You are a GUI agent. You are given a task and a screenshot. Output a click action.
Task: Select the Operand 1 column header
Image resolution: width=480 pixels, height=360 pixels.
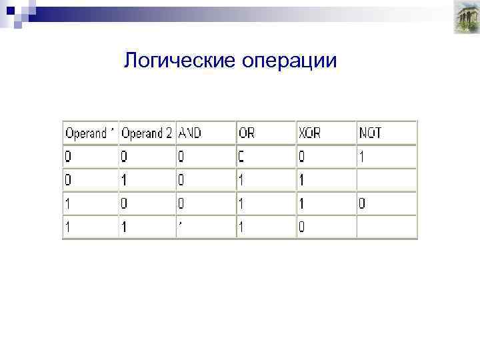[x=90, y=133]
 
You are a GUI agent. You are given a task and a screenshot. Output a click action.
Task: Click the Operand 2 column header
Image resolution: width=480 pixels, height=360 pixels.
[x=147, y=133]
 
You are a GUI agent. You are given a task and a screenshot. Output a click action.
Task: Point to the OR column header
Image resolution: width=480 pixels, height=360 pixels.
[x=247, y=133]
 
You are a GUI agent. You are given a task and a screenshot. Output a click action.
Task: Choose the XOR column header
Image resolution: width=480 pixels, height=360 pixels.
[x=311, y=133]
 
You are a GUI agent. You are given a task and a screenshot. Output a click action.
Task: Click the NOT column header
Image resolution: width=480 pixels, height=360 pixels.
[x=371, y=133]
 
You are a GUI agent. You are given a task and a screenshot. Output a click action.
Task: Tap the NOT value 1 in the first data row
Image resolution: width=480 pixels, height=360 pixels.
[x=362, y=157]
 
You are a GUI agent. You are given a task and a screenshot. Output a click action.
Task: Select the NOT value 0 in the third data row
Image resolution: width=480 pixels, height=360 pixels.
[x=362, y=203]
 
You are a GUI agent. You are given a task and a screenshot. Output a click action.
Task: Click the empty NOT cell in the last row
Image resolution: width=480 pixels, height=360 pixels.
[x=387, y=227]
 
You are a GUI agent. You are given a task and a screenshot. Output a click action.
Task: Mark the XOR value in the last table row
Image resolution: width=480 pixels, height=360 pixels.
[x=302, y=227]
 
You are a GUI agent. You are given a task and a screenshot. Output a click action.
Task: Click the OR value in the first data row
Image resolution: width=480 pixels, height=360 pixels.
[x=242, y=157]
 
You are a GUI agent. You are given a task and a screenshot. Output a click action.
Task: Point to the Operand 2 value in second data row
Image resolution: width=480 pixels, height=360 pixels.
[x=125, y=181]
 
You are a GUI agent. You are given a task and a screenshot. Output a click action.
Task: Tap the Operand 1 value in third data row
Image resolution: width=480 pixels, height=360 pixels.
[x=67, y=203]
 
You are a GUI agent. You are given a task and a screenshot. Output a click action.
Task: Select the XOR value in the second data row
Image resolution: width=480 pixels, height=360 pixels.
[x=302, y=181]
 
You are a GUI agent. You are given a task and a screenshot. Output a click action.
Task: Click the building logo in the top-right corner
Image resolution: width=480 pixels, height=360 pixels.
[x=462, y=18]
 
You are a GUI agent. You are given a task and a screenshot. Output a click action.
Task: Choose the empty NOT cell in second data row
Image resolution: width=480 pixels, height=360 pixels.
[x=387, y=181]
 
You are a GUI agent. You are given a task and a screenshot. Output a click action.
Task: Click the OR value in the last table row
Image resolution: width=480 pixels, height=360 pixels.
[x=242, y=227]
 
